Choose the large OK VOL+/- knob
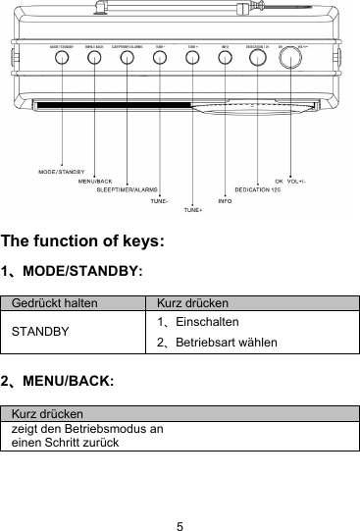tap(290, 58)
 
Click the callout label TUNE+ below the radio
tap(194, 210)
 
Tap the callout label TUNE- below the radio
tap(160, 200)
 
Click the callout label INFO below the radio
tap(225, 200)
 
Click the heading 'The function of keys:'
tap(82, 240)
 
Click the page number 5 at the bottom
tap(180, 500)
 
